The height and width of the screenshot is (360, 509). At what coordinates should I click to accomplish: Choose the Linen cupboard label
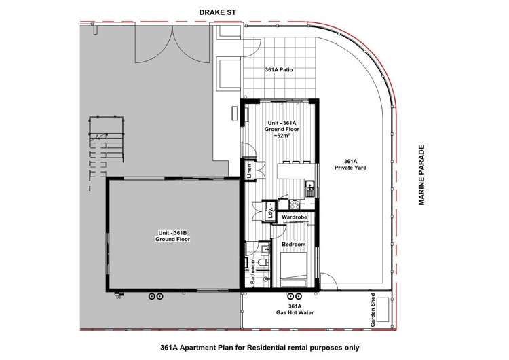coord(250,170)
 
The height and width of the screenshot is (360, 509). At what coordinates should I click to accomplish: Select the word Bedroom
coord(293,244)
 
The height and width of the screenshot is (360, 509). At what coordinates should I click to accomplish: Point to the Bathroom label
coord(254,270)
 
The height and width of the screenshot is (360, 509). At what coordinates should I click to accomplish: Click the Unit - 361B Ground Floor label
coord(171,236)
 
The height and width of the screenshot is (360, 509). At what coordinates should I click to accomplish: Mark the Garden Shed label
coord(373,311)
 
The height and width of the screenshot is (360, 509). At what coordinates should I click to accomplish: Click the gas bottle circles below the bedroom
coord(295,297)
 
